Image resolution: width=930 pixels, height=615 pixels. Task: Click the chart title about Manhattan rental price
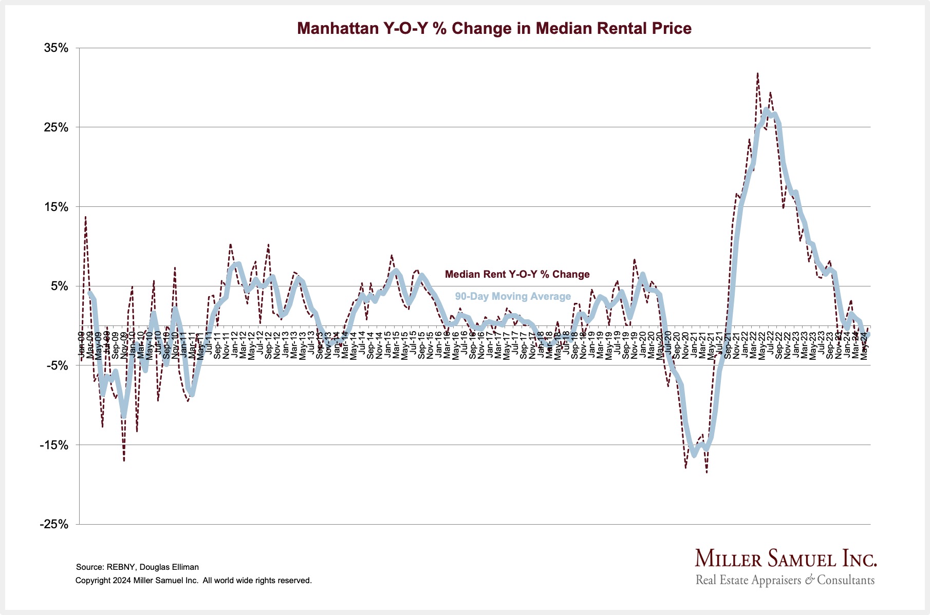click(494, 28)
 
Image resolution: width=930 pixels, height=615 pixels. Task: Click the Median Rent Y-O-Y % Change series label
click(517, 274)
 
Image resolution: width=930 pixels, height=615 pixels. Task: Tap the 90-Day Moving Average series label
click(513, 296)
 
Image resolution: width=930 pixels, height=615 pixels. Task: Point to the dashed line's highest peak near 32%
click(757, 73)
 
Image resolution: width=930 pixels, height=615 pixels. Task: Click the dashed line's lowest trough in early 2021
click(706, 472)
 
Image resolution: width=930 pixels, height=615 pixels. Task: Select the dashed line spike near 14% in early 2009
click(85, 217)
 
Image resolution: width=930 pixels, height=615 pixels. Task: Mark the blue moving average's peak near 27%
click(766, 110)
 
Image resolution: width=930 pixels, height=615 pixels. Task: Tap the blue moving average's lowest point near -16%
click(694, 455)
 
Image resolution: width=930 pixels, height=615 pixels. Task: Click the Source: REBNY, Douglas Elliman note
click(137, 567)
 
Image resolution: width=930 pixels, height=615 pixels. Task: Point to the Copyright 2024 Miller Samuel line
click(193, 581)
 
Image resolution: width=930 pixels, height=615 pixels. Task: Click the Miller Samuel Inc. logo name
click(786, 559)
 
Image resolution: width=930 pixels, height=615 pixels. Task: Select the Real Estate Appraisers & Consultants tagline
click(785, 580)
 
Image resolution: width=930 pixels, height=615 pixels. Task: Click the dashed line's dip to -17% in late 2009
click(124, 460)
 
